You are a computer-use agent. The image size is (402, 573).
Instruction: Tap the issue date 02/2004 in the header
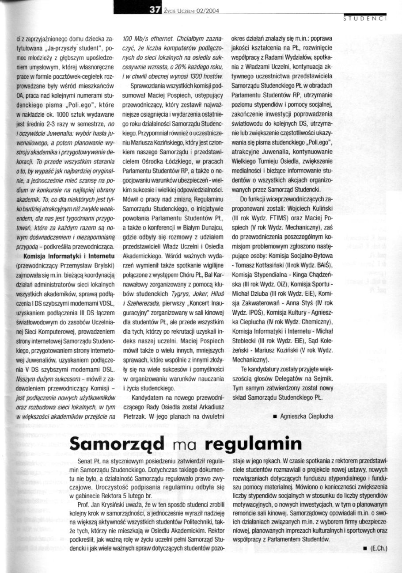point(207,10)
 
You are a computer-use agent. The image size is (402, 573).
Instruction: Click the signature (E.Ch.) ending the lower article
point(379,549)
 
